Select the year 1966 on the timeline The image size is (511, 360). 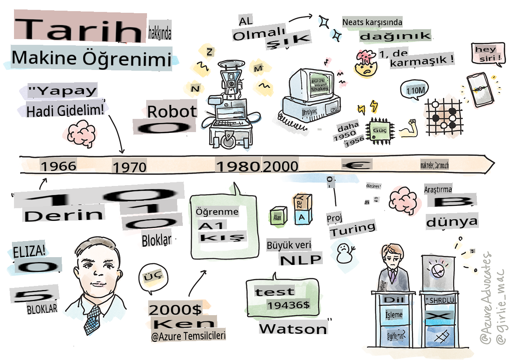tap(58, 166)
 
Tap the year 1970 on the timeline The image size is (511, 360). tap(129, 167)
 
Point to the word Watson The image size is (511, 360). tap(293, 329)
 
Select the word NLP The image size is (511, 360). tap(300, 260)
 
